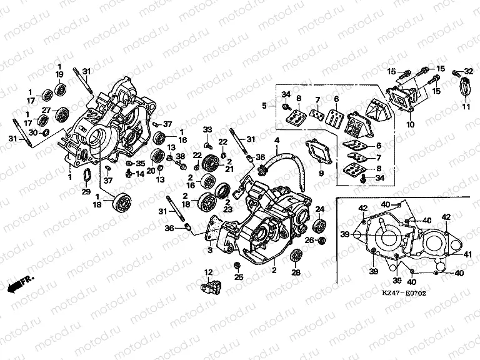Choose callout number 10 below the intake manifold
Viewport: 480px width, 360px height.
(x=410, y=125)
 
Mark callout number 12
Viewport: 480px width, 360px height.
(x=209, y=271)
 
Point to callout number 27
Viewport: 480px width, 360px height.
(x=46, y=111)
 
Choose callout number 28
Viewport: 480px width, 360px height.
(x=296, y=272)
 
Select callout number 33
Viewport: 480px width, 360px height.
(x=207, y=129)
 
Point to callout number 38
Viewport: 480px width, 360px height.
(x=181, y=156)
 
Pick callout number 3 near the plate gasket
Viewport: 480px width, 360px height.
(x=210, y=250)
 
